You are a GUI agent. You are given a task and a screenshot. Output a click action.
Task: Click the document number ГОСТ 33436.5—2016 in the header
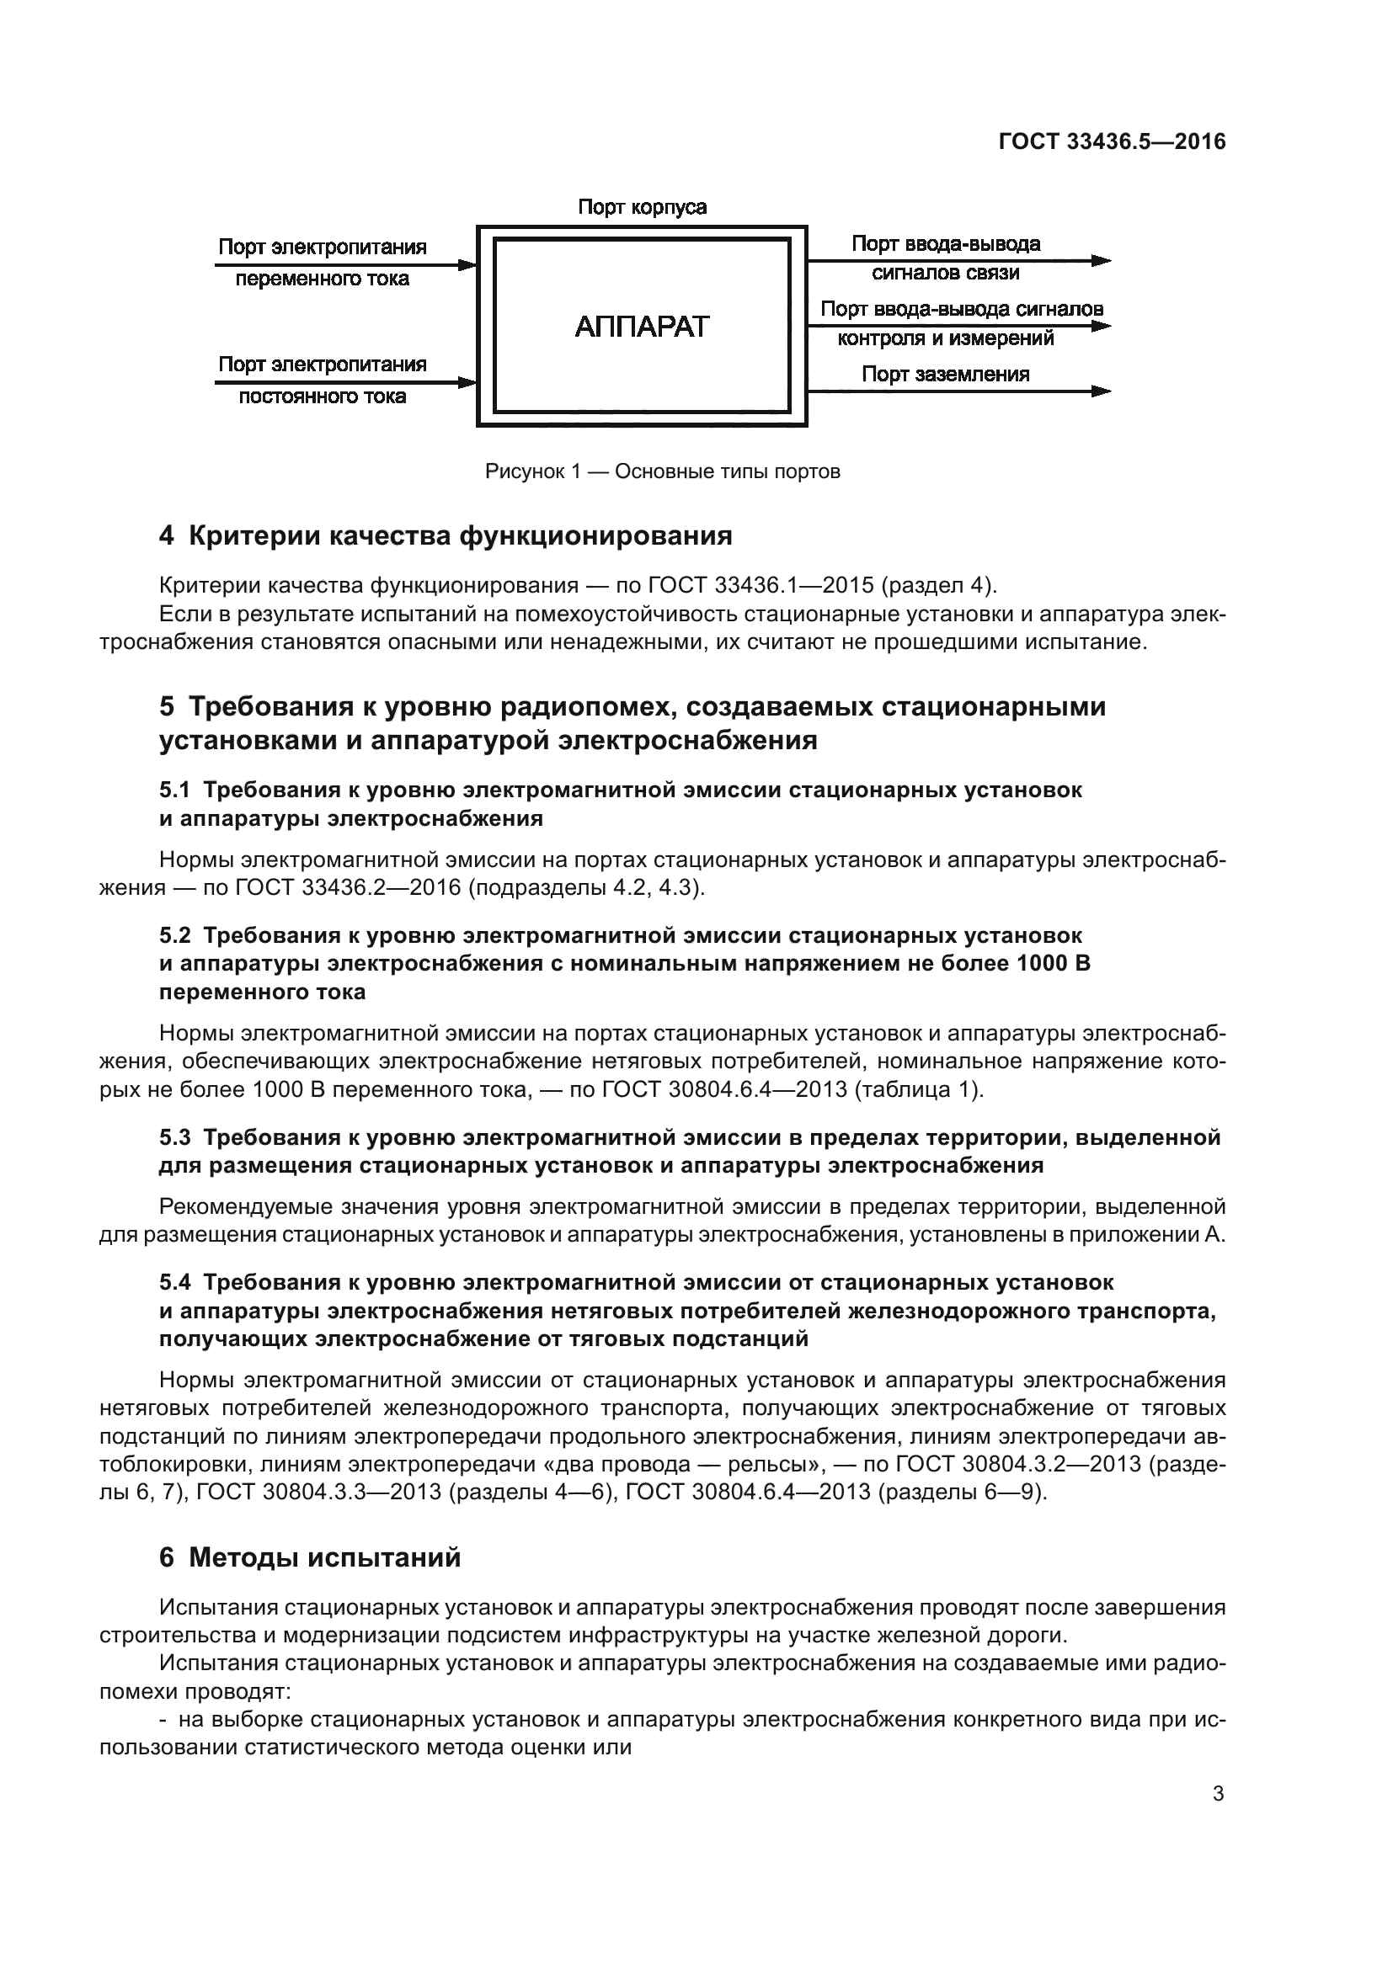[x=1112, y=141]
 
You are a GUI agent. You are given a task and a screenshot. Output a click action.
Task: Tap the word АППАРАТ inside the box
[x=642, y=327]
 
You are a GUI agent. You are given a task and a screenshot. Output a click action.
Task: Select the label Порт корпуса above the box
[x=642, y=208]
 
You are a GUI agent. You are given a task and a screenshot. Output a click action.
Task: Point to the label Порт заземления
[x=945, y=374]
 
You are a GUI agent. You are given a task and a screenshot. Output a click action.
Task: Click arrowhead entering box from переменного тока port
[x=467, y=265]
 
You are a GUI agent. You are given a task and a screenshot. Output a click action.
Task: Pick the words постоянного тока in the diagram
[x=323, y=396]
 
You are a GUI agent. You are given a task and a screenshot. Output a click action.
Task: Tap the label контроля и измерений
[x=945, y=338]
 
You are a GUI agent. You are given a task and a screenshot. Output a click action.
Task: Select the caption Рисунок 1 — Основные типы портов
[x=662, y=471]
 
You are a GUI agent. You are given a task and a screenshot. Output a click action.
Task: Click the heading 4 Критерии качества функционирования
[x=446, y=536]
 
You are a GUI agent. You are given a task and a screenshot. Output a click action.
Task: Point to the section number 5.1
[x=175, y=789]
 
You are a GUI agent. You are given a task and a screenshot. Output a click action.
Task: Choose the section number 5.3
[x=175, y=1137]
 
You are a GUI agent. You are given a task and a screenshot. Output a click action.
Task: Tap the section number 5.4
[x=175, y=1282]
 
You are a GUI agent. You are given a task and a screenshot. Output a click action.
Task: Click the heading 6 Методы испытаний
[x=311, y=1557]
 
